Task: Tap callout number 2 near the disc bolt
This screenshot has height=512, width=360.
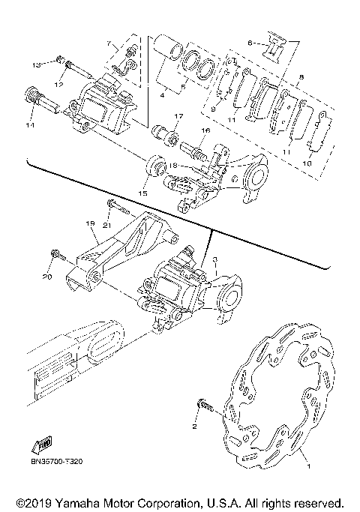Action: coord(194,427)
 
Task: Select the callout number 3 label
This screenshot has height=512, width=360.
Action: coord(214,259)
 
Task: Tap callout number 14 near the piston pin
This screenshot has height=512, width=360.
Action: coord(31,125)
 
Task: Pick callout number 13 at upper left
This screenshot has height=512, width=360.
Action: coord(36,66)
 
